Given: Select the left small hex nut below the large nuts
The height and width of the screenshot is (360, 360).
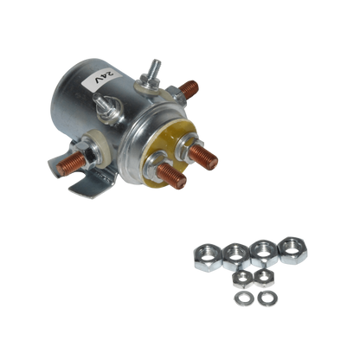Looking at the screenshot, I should [x=244, y=278].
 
